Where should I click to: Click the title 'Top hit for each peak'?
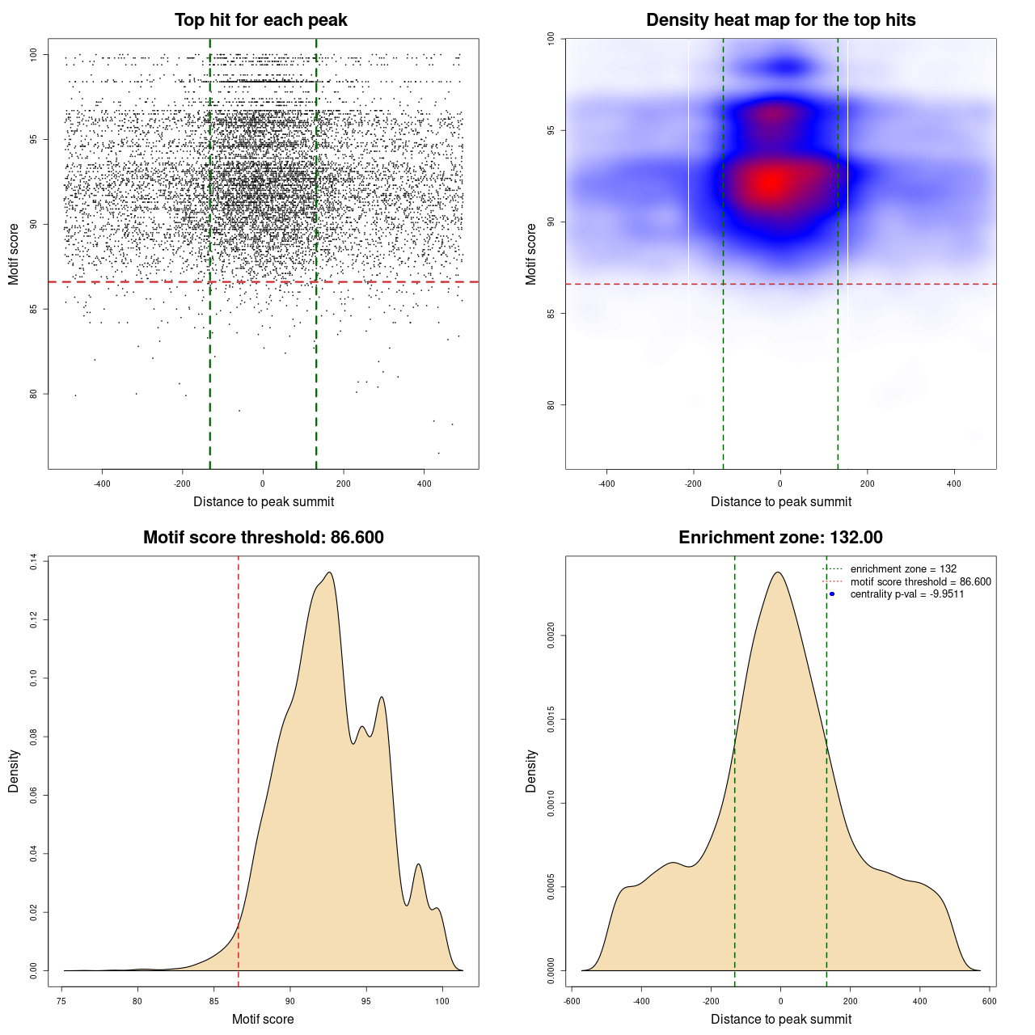[x=260, y=20]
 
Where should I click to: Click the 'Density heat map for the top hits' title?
[x=780, y=20]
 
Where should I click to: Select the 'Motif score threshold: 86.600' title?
[x=263, y=538]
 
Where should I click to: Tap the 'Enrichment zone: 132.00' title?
[x=780, y=538]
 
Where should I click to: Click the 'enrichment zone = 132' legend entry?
[x=903, y=569]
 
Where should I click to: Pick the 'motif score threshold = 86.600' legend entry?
[x=920, y=582]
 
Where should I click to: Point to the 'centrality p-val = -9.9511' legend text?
[x=906, y=594]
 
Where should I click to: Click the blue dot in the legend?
[x=832, y=594]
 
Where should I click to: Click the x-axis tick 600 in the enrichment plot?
[x=989, y=1001]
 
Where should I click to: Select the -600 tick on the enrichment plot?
[x=572, y=1001]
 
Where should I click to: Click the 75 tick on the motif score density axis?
[x=62, y=1001]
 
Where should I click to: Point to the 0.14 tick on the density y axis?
[x=34, y=562]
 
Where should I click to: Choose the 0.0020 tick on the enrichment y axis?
[x=551, y=636]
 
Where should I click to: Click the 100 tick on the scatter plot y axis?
[x=34, y=55]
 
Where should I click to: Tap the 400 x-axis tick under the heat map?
[x=954, y=484]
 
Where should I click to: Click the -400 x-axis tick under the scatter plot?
[x=102, y=484]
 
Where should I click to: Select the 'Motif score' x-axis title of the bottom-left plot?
[x=263, y=1019]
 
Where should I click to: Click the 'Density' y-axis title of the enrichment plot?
[x=531, y=771]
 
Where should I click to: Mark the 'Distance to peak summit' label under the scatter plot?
[x=264, y=501]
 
